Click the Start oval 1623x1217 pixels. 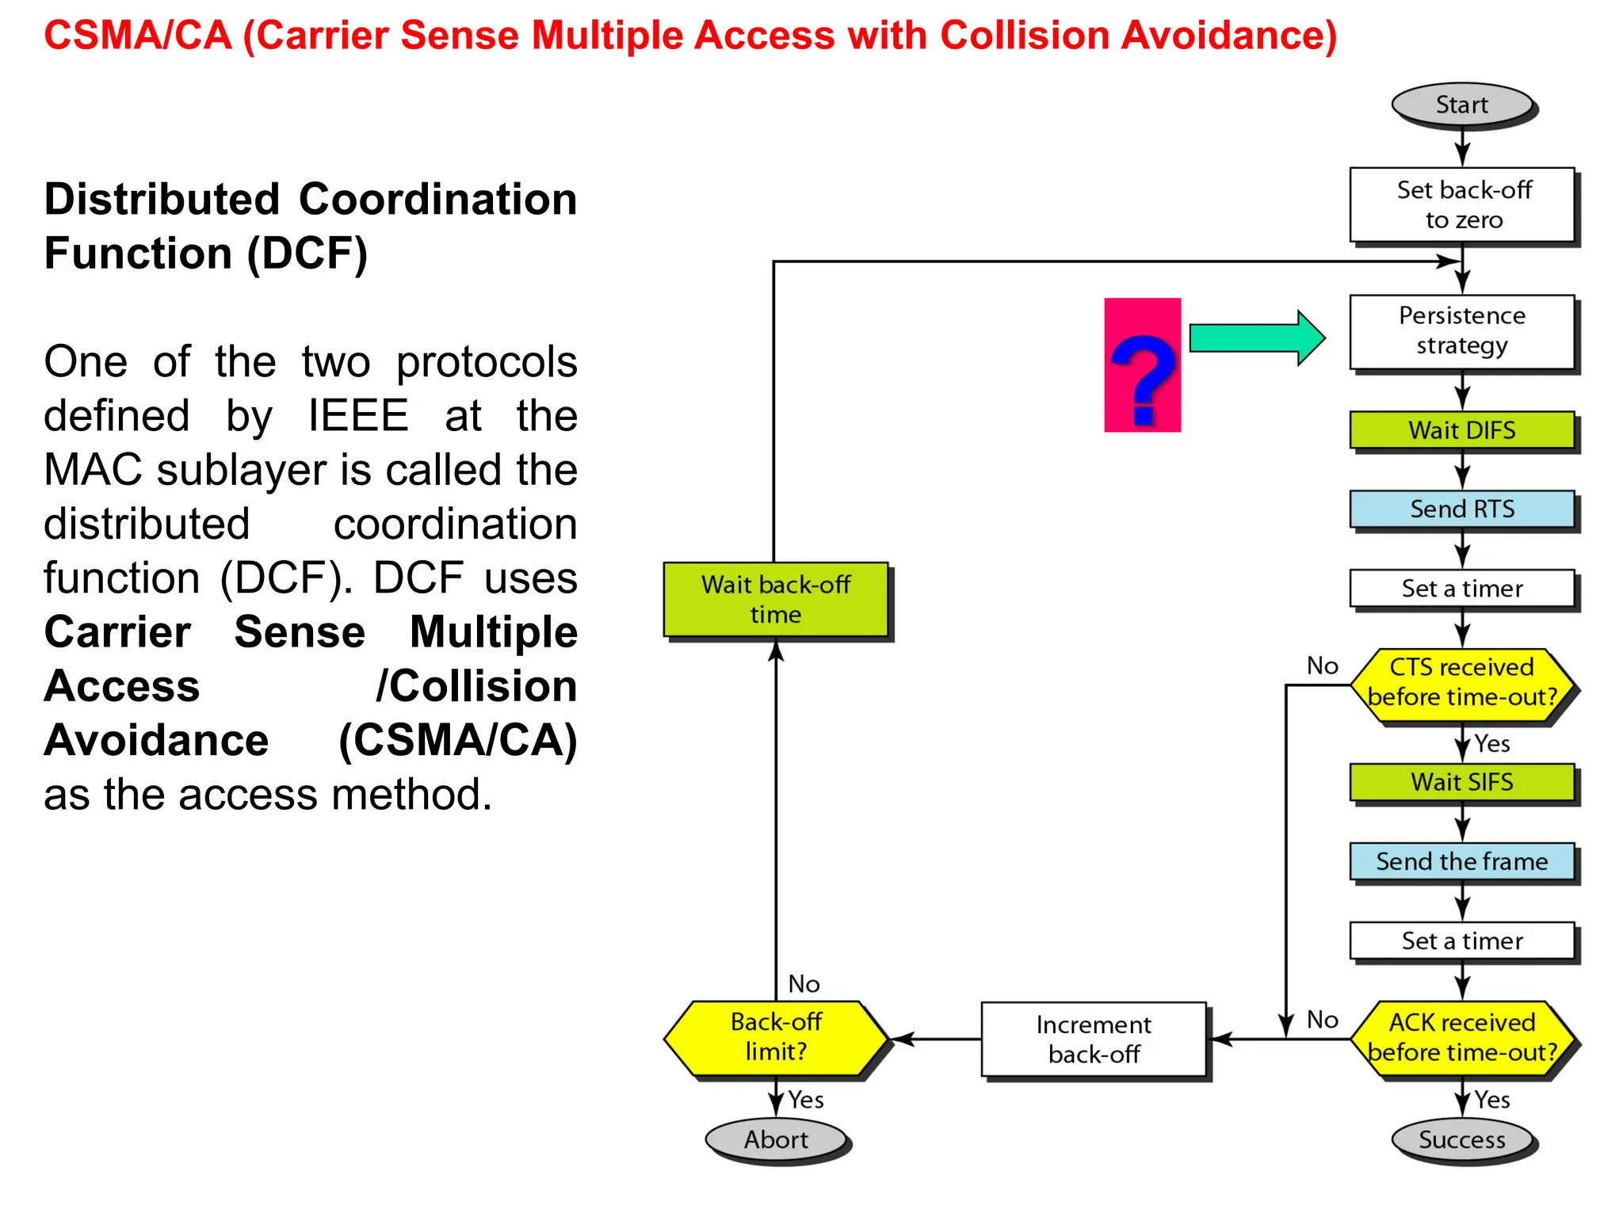[x=1461, y=105]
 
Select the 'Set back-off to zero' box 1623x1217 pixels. [x=1461, y=204]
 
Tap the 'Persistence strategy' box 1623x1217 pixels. [x=1461, y=331]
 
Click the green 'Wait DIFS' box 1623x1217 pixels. [x=1461, y=430]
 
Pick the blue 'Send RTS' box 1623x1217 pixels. [x=1461, y=509]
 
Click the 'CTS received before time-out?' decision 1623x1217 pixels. [x=1461, y=683]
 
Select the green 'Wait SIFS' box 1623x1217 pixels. [x=1461, y=782]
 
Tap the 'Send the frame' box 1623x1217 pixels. [x=1461, y=861]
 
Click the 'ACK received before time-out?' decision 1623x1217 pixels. [x=1461, y=1038]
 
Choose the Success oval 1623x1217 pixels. [x=1461, y=1139]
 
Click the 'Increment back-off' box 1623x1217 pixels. [x=1094, y=1039]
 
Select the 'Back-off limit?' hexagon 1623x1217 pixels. [x=775, y=1037]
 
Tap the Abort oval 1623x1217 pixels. [x=775, y=1139]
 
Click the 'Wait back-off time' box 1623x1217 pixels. [x=775, y=599]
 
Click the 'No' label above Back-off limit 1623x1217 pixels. [x=804, y=984]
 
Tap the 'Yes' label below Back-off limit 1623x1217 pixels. [x=806, y=1100]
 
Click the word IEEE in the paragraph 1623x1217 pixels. [x=358, y=415]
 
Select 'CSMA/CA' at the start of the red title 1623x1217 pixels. [x=138, y=36]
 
